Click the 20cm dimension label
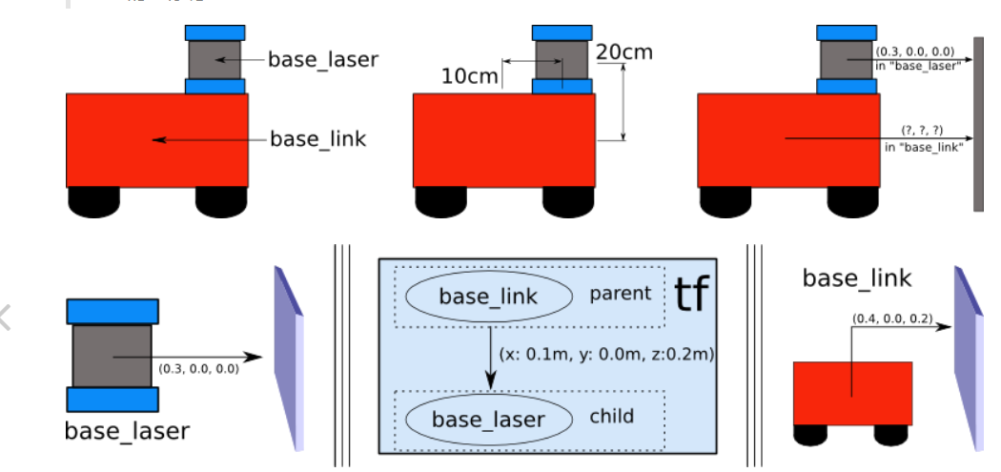[x=624, y=51]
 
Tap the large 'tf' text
[x=693, y=294]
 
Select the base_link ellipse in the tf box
[x=488, y=297]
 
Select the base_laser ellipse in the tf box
[x=488, y=420]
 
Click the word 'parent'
[x=620, y=294]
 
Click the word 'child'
[x=611, y=417]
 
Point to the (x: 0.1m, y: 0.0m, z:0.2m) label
[x=607, y=353]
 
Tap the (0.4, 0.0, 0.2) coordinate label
[x=890, y=318]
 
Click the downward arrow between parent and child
[x=490, y=358]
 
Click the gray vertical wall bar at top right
[x=977, y=124]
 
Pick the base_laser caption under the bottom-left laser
[x=127, y=431]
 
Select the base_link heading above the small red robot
[x=856, y=278]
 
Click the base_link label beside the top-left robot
[x=317, y=139]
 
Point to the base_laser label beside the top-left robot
[x=322, y=59]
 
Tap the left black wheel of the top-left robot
[x=93, y=200]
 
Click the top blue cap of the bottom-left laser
[x=112, y=311]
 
